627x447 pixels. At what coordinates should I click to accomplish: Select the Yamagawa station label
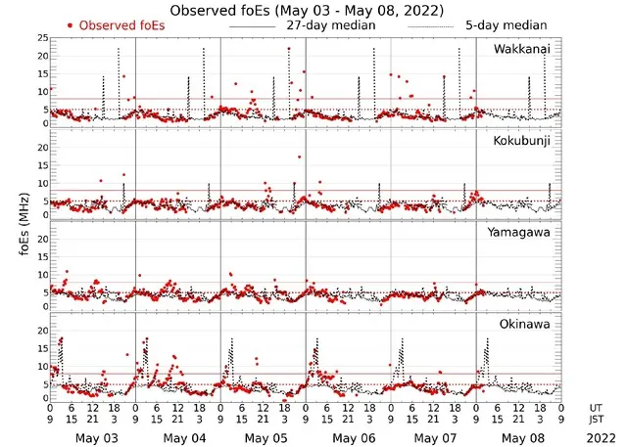coord(522,232)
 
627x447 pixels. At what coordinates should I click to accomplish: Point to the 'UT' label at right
coord(596,406)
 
